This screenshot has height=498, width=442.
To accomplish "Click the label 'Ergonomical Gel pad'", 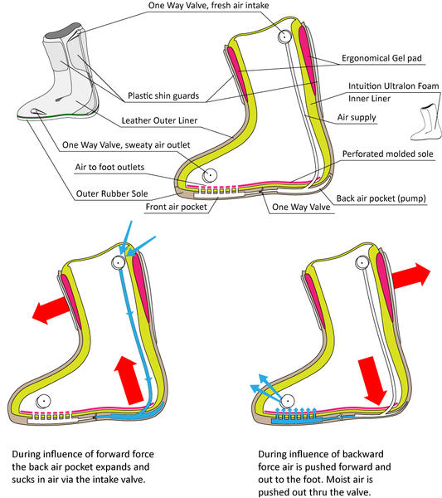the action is [381, 58].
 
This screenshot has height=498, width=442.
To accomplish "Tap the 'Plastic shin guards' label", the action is [163, 95].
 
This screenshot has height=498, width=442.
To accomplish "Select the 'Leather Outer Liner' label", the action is [159, 120].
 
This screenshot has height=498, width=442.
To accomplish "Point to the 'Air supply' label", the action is [357, 118].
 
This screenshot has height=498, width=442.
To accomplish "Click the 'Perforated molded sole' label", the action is [388, 154].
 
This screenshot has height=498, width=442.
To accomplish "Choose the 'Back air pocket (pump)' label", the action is [381, 198].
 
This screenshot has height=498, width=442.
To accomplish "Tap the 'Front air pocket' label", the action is [176, 207].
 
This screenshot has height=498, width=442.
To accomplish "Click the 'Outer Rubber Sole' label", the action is [112, 193].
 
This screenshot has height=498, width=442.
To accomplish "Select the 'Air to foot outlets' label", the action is [109, 167].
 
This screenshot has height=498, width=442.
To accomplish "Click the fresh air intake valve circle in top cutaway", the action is [284, 37].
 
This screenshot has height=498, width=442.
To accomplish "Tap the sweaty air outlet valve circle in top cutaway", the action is [210, 175].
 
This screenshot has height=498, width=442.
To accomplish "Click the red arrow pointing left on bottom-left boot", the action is [51, 310].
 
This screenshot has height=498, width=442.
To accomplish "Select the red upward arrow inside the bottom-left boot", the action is [129, 380].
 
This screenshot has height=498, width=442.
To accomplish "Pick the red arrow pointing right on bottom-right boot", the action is [411, 276].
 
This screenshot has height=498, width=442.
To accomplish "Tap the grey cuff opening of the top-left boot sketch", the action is [62, 31].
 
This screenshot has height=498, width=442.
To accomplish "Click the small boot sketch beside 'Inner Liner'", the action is [426, 122].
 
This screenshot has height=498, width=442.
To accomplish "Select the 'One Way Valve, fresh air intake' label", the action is [208, 6].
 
